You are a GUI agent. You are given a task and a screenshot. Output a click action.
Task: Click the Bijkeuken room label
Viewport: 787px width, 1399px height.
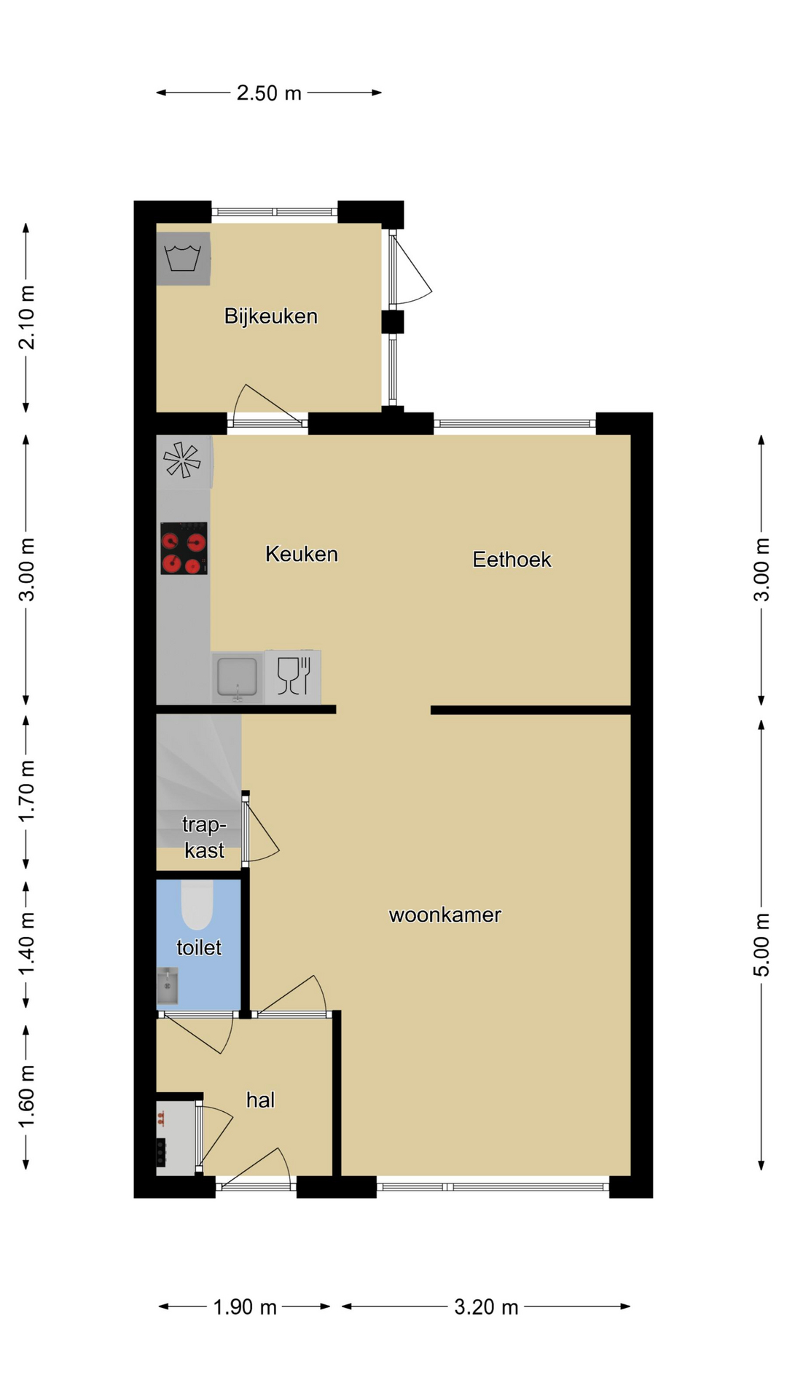coord(270,316)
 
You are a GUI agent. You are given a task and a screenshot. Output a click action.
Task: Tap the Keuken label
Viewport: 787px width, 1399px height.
coord(302,554)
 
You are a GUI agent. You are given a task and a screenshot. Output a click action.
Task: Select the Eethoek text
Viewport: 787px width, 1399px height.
coord(512,560)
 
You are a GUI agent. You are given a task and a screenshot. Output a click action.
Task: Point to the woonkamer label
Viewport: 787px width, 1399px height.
coord(445,915)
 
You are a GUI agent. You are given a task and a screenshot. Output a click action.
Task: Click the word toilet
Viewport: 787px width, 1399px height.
coord(199,947)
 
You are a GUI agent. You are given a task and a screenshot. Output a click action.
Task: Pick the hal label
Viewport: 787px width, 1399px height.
coord(260,1100)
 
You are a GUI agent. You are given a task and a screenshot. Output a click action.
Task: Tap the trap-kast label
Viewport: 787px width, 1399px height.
coord(204,838)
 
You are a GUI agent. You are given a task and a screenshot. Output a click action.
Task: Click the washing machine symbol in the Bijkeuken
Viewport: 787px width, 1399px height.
coord(183,259)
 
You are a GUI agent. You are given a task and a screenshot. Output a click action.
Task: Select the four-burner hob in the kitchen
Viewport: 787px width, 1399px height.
coord(184,548)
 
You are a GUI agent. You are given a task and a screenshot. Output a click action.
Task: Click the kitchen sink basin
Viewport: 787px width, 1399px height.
coord(237,678)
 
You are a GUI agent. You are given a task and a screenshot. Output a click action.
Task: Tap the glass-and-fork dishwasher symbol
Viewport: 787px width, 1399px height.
coord(294,676)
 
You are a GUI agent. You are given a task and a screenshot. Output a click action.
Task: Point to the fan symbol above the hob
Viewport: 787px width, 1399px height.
coord(181,461)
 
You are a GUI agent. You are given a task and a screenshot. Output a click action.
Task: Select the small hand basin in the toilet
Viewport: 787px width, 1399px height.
coord(168,986)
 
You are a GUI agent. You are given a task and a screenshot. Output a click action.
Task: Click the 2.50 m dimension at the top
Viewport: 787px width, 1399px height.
coord(269,93)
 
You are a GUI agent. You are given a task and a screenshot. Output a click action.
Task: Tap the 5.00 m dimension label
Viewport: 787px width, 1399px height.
coord(761,945)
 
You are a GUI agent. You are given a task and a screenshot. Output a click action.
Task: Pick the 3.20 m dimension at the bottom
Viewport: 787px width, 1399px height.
coord(486,1307)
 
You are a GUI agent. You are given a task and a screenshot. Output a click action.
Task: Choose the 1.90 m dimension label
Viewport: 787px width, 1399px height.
coord(245,1307)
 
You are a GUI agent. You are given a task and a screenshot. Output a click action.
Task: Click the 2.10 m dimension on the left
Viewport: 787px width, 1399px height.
coord(26,318)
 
